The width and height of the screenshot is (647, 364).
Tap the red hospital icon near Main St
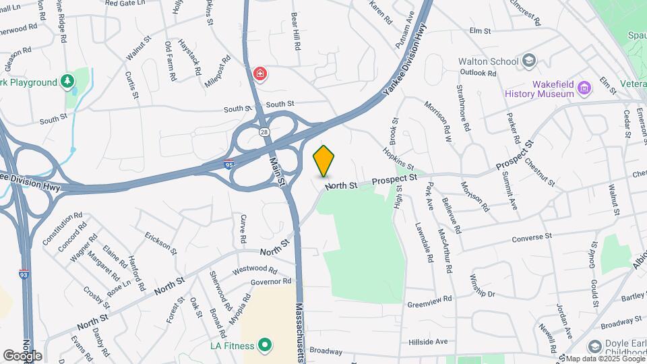259,73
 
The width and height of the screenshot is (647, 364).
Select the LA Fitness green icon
265,346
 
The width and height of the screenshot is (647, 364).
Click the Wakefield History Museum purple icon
584,88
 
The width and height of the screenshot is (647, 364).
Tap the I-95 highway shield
230,163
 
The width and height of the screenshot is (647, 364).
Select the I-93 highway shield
23,274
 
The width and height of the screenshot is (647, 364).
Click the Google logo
22,355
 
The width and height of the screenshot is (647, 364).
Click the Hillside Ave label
427,342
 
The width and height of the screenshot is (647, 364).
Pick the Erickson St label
160,243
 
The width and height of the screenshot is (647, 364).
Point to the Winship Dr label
482,285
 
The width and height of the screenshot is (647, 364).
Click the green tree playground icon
67,82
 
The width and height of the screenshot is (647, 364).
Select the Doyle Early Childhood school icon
594,346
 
